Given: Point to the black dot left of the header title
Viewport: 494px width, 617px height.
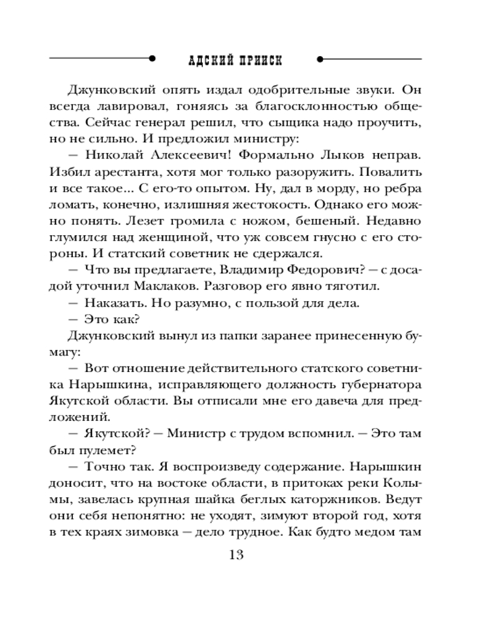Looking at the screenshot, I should [x=152, y=60].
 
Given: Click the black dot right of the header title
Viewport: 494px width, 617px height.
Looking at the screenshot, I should [x=319, y=60].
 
